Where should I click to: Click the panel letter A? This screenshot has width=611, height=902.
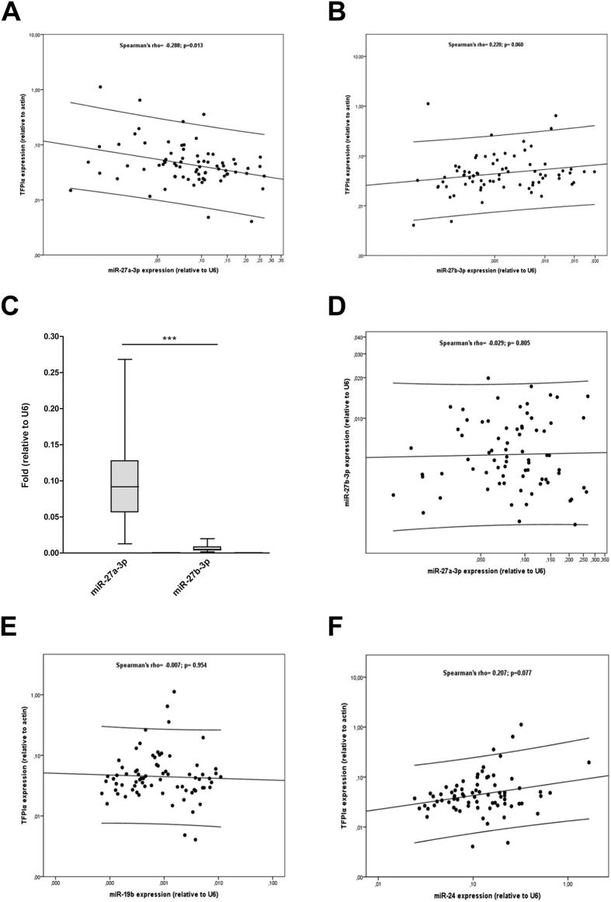[12, 13]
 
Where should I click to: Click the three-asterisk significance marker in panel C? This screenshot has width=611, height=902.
[173, 339]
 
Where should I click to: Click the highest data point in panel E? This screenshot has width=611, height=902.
[174, 692]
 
